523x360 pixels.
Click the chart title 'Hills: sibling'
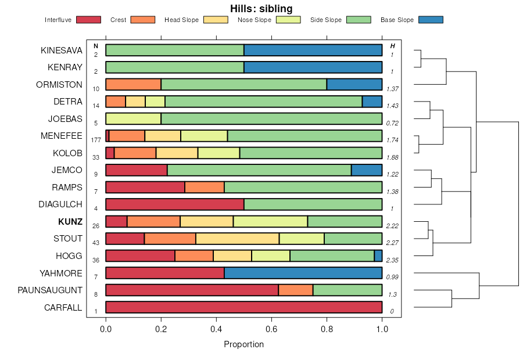261,8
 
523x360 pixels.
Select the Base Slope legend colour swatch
431,20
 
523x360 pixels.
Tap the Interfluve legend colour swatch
88,20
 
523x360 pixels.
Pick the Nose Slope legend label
255,20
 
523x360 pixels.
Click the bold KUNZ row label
70,222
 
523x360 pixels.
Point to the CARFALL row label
63,308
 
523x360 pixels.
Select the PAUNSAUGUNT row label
50,290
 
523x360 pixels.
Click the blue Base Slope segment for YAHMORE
303,273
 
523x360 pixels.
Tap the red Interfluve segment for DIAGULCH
175,204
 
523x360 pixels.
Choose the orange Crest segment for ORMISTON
134,84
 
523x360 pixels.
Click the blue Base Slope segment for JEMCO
367,170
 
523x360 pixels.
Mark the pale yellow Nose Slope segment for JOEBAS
134,118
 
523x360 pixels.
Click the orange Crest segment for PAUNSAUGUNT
296,290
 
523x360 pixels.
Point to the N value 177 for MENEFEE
96,140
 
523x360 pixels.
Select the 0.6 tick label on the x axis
271,329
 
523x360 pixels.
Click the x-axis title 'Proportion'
244,344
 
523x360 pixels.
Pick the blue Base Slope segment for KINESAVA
313,50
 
